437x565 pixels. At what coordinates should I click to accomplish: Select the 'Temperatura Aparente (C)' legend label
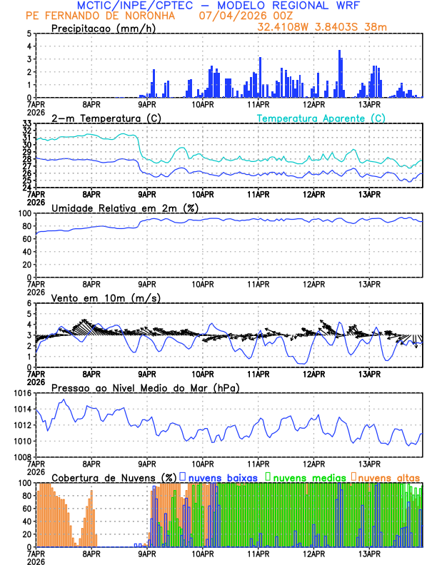click(321, 118)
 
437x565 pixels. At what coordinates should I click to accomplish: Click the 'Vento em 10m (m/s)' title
click(106, 297)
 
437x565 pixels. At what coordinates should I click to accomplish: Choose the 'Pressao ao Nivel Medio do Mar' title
click(145, 387)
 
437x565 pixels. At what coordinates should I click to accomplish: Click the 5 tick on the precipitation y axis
click(29, 34)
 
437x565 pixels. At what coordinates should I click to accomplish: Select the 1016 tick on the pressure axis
click(23, 393)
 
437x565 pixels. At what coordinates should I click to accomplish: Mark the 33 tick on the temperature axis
click(26, 123)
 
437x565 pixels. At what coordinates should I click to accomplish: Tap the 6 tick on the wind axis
click(29, 303)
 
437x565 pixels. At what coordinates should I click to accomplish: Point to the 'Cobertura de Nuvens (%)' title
click(114, 477)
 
